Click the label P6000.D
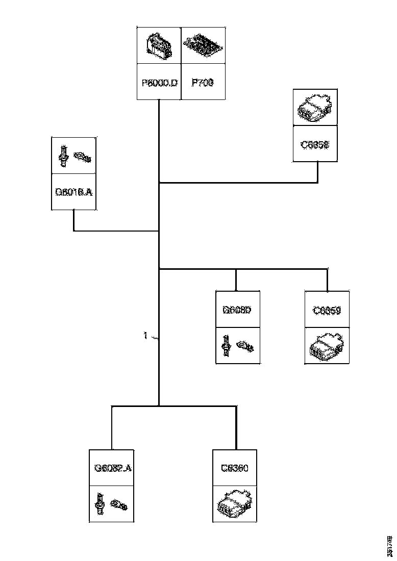click(159, 82)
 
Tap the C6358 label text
click(315, 144)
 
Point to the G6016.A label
click(73, 192)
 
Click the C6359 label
click(327, 310)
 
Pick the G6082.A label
click(113, 468)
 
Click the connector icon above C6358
click(315, 108)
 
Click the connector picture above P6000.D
click(159, 46)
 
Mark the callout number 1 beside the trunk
click(145, 336)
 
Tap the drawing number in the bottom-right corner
click(390, 545)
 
